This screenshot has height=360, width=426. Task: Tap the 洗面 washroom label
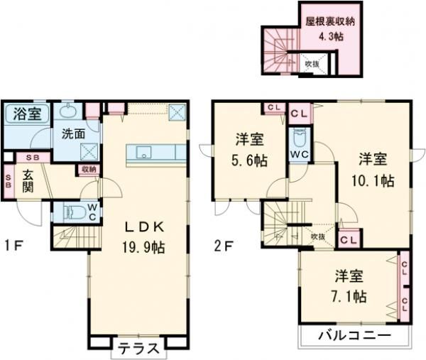(x=72, y=133)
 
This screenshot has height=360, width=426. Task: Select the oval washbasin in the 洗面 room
(x=68, y=111)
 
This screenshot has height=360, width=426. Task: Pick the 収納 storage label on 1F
(x=89, y=169)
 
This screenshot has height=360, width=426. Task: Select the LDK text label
(x=146, y=227)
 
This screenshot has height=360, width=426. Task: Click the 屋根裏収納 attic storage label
(x=331, y=21)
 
